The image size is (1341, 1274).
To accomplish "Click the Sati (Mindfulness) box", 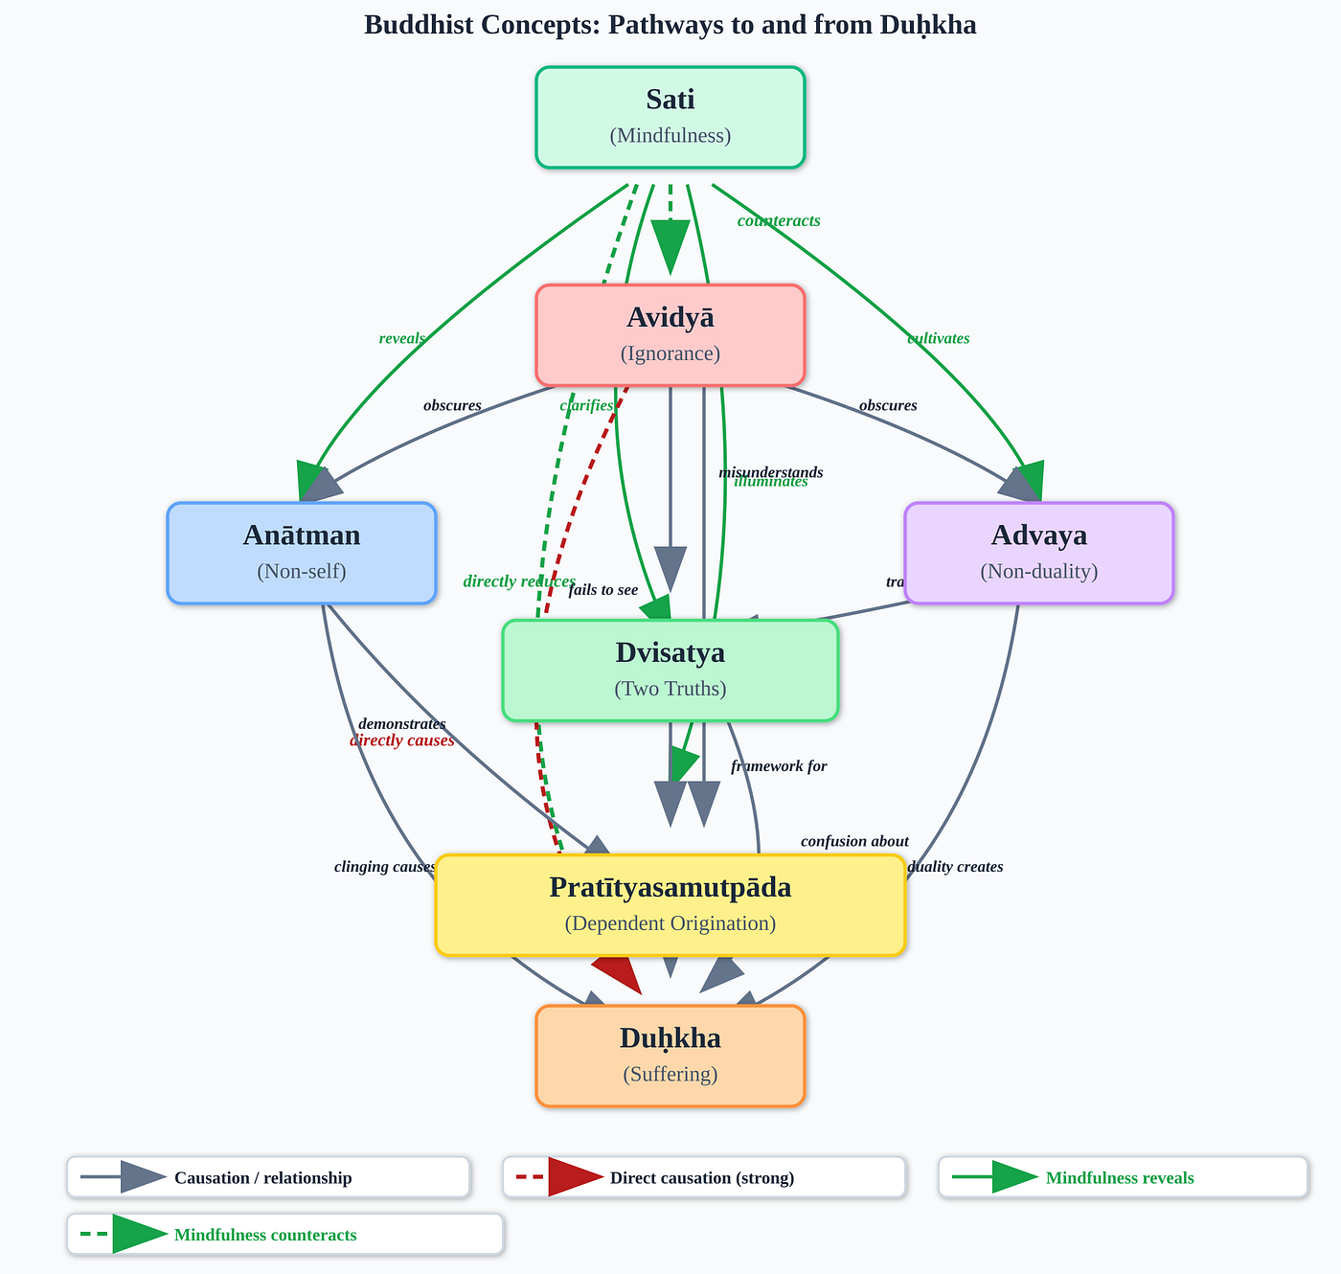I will (670, 117).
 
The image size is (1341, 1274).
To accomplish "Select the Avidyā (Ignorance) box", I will (670, 335).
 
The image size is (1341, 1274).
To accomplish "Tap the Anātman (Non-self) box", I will (302, 553).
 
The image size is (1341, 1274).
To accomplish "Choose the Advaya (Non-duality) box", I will (1039, 553).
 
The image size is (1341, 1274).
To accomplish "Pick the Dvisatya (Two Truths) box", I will (670, 671).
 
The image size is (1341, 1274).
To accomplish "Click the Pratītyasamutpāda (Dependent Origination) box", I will (670, 905).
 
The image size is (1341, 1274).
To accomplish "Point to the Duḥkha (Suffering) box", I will (670, 1056).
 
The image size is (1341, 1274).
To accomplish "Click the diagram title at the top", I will (670, 25).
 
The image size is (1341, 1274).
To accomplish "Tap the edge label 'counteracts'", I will (779, 221).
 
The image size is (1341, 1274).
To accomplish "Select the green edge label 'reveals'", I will (402, 338).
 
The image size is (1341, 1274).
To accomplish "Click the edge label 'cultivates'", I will (939, 338).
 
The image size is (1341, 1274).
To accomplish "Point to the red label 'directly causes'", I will (402, 740).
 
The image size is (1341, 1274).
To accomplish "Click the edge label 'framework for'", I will (779, 766).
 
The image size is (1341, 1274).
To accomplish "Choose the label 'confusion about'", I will (854, 842).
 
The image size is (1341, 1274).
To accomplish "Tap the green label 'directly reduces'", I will (519, 581).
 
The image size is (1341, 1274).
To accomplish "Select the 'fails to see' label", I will (603, 590).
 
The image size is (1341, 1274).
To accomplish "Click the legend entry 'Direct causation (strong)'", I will (702, 1178).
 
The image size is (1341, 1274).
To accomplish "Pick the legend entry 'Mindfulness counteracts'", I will (265, 1236).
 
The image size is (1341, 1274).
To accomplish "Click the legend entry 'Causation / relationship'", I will (262, 1178).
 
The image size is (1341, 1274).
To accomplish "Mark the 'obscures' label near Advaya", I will (888, 405).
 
